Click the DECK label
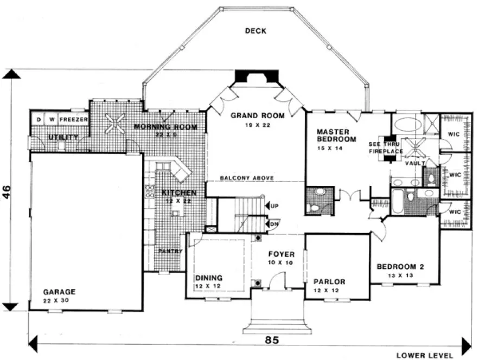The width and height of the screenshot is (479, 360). pos(256,31)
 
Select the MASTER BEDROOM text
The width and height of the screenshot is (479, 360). pos(336,135)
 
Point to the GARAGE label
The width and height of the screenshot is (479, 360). pos(59,292)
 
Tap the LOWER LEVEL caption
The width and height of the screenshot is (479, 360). pos(425,355)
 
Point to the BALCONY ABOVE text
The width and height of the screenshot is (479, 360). pos(247,178)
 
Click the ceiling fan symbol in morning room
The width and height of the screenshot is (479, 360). pos(114,124)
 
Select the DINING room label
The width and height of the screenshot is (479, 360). pos(209,278)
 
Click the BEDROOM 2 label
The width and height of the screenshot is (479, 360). pos(400,266)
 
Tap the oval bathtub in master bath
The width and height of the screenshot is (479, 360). pos(406,124)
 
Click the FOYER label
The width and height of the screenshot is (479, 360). pos(281,254)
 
